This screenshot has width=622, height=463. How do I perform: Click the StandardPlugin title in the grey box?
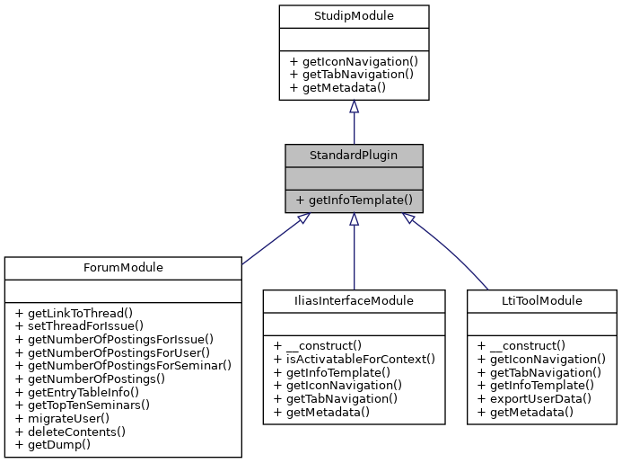354,155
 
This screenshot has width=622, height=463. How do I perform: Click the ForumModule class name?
123,267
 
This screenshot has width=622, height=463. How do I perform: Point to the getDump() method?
52,445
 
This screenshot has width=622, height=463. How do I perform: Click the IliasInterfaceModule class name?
354,300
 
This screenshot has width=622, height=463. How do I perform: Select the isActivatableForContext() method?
356,358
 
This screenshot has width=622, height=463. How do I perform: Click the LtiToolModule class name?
541,300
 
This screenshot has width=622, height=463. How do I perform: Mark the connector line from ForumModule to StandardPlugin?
274,240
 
